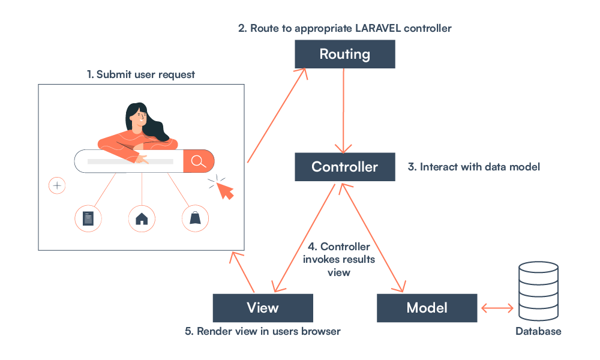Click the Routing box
[344, 54]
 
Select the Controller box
[344, 166]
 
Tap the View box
[263, 308]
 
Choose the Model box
[427, 308]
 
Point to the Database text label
[538, 331]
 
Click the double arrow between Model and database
[497, 308]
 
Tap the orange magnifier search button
[199, 161]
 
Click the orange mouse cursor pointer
[225, 191]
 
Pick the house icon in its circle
[142, 218]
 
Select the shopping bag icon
[195, 218]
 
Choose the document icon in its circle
[88, 218]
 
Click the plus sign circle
[57, 186]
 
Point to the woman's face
[137, 117]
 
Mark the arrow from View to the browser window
[245, 273]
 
